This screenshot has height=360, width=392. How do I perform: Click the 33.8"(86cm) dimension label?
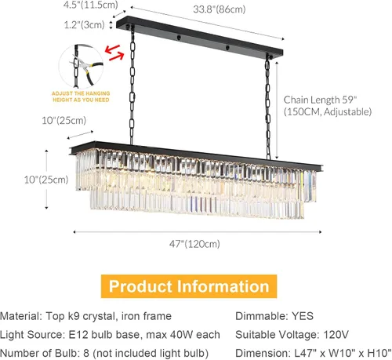pos(220,9)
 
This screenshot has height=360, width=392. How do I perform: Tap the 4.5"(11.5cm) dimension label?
pos(90,5)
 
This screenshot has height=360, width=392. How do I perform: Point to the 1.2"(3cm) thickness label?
pos(84,25)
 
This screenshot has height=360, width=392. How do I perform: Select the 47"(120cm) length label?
pos(194,244)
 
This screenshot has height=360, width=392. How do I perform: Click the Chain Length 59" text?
pos(320,100)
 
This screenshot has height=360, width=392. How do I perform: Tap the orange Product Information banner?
pos(189,286)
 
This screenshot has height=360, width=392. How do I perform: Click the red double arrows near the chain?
pos(114,53)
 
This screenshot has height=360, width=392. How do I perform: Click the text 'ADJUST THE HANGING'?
pos(81,93)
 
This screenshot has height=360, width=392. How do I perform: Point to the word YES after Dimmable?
pos(303,316)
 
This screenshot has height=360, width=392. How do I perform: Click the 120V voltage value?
pos(336,335)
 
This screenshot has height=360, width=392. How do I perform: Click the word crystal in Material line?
pos(99,316)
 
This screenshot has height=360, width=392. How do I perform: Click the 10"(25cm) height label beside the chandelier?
pos(46,180)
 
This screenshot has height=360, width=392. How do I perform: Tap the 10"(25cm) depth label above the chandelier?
pos(64,121)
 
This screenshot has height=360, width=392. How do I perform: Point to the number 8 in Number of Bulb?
pos(86,353)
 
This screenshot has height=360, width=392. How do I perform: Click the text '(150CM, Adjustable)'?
pos(328,112)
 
